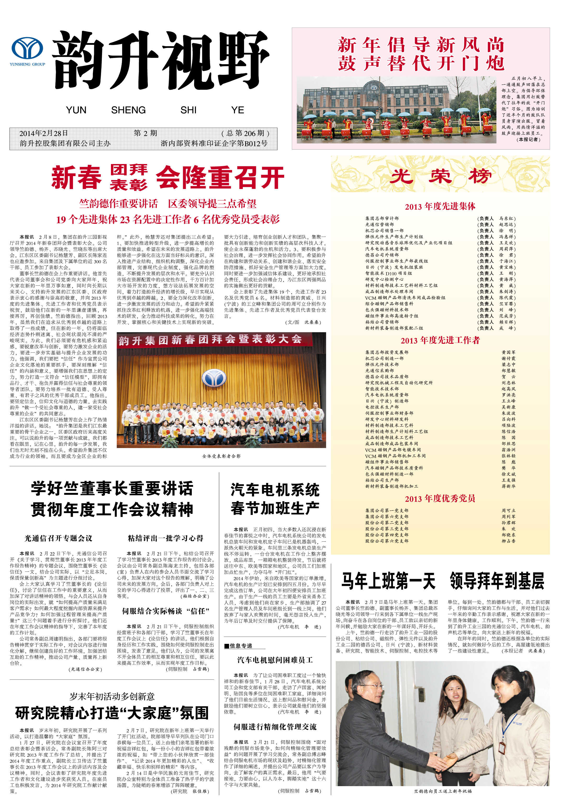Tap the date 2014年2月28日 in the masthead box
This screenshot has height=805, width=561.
click(x=44, y=133)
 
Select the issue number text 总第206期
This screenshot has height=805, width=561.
click(x=245, y=133)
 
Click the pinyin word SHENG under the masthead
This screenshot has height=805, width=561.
click(x=128, y=110)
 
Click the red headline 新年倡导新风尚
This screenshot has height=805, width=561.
click(x=421, y=45)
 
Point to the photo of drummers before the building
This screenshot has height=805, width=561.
click(x=396, y=110)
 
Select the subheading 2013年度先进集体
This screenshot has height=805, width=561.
click(x=440, y=206)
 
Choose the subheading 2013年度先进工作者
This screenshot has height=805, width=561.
click(x=440, y=340)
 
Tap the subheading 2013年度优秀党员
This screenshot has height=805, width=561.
click(x=440, y=499)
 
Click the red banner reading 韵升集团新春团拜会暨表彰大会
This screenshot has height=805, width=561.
click(x=210, y=339)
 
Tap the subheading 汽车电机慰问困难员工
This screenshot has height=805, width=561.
click(x=275, y=660)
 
